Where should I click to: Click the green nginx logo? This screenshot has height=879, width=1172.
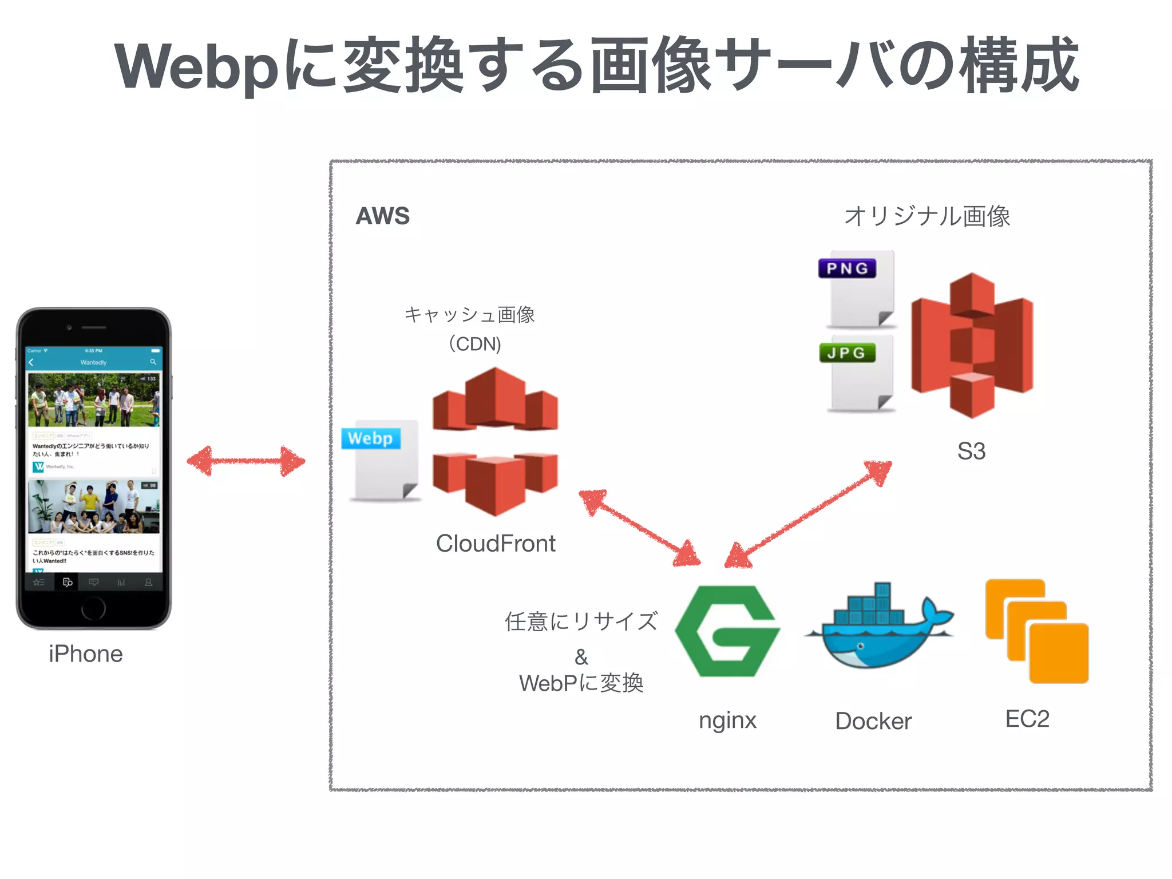pyautogui.click(x=727, y=631)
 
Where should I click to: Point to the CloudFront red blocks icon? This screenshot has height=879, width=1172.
pyautogui.click(x=496, y=441)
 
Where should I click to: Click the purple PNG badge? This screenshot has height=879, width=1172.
pyautogui.click(x=847, y=268)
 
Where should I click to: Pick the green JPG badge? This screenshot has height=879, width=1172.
pyautogui.click(x=847, y=353)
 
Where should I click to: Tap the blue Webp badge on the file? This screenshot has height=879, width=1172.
pyautogui.click(x=370, y=438)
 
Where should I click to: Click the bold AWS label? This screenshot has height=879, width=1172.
pyautogui.click(x=382, y=216)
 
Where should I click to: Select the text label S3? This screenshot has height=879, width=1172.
pyautogui.click(x=971, y=451)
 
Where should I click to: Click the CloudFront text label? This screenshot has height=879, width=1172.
pyautogui.click(x=496, y=544)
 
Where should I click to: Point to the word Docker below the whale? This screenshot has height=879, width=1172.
pyautogui.click(x=873, y=721)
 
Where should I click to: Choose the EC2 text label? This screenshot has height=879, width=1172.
pyautogui.click(x=1027, y=719)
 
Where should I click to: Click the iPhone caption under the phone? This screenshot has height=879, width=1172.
pyautogui.click(x=86, y=654)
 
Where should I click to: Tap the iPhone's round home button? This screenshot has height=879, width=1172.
pyautogui.click(x=93, y=608)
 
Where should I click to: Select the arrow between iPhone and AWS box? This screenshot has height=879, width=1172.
pyautogui.click(x=246, y=461)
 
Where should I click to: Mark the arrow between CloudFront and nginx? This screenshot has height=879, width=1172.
pyautogui.click(x=639, y=528)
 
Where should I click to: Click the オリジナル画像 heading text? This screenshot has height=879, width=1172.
pyautogui.click(x=927, y=216)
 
